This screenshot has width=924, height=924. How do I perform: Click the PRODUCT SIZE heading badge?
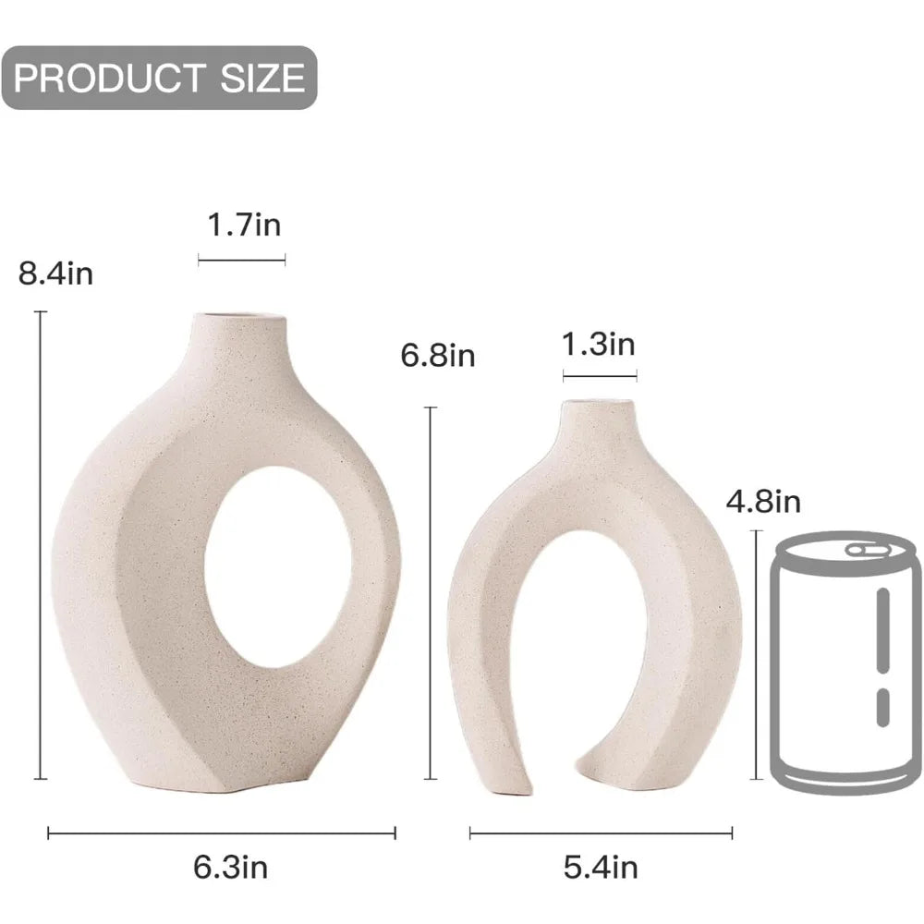coord(159,78)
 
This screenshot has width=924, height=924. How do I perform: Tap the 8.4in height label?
coord(55,274)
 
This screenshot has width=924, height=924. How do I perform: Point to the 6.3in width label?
coord(230,867)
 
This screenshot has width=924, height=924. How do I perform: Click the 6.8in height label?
coord(438,355)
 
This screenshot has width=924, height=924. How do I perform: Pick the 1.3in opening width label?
coord(599,345)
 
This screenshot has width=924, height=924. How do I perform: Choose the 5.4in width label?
coord(601,867)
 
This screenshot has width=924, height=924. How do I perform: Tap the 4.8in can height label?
coord(763,502)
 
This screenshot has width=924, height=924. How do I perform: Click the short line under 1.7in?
coord(241,261)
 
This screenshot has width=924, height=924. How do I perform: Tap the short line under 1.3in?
coord(599,376)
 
